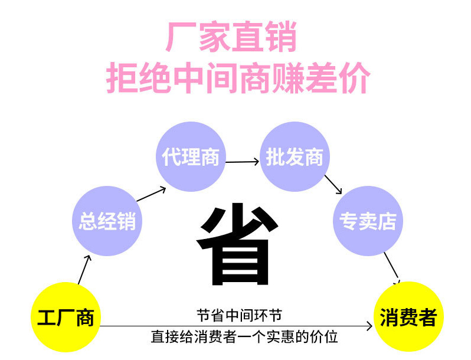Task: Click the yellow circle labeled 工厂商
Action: (x=66, y=318)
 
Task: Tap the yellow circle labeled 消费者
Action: (x=408, y=318)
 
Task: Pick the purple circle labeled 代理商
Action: (x=190, y=156)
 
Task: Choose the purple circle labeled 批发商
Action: (x=295, y=158)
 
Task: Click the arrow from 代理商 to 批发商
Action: (x=243, y=161)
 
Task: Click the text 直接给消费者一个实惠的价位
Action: (x=244, y=338)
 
